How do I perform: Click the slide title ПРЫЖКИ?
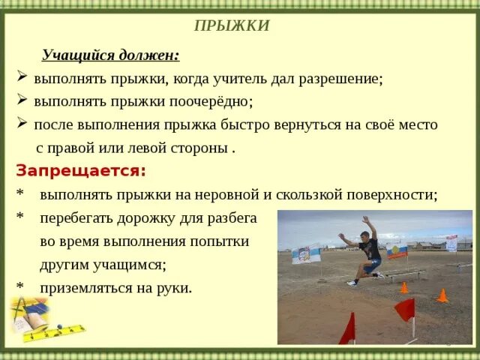[x=232, y=26]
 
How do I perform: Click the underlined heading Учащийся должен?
[x=110, y=55]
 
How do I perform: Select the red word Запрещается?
[x=80, y=170]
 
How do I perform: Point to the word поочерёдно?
[x=214, y=101]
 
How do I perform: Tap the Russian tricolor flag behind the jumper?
[x=397, y=250]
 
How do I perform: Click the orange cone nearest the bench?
[x=404, y=287]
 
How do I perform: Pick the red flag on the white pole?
[x=406, y=309]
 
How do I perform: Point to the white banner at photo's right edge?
[x=451, y=243]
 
